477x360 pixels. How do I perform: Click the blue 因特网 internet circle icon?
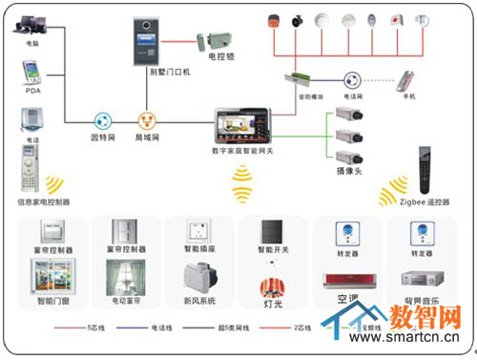[102, 121]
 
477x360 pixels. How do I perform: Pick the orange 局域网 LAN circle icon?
[146, 121]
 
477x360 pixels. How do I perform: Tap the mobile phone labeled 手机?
[407, 79]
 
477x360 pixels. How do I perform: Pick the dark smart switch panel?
[271, 231]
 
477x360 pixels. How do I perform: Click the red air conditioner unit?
[346, 280]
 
